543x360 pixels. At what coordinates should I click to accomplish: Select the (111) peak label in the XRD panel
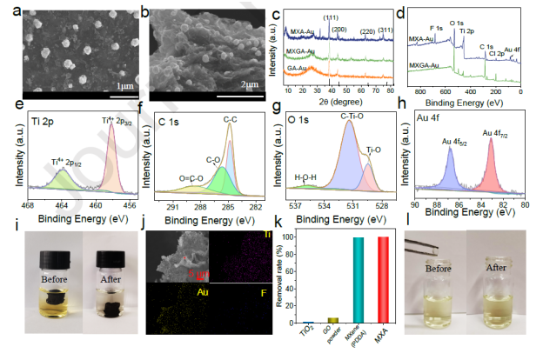pos(332,18)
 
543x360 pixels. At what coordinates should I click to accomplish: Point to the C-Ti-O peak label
pos(352,116)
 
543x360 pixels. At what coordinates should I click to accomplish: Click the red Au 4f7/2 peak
pos(491,161)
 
